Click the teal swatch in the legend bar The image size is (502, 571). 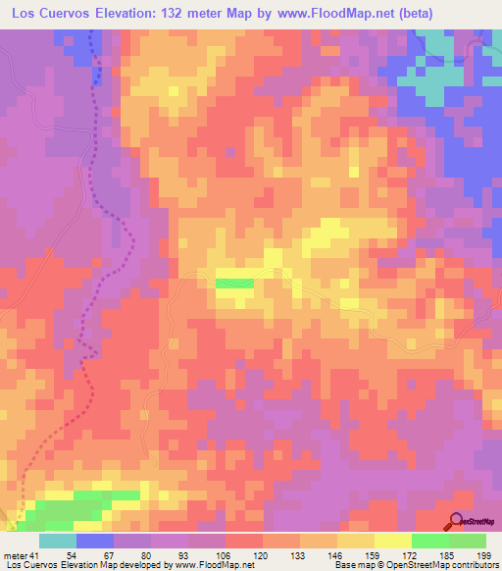coord(58,541)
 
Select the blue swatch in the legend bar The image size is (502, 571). coord(95,541)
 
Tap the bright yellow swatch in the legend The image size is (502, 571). coord(393,541)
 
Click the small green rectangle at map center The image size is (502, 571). coord(235,283)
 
